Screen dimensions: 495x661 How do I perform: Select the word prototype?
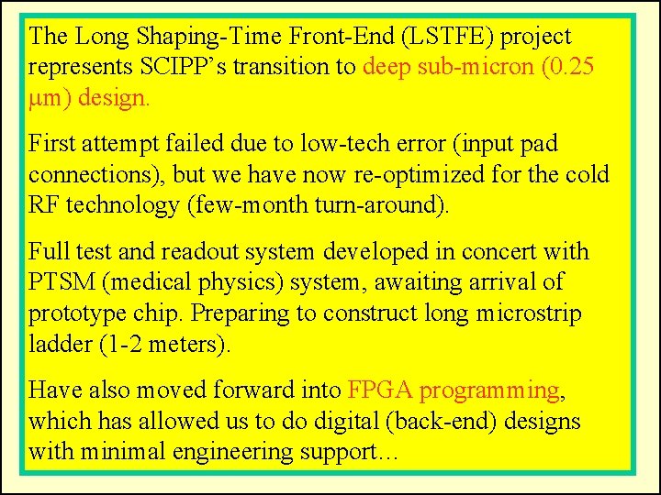(75, 313)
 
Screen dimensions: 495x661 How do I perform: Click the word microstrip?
(528, 313)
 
